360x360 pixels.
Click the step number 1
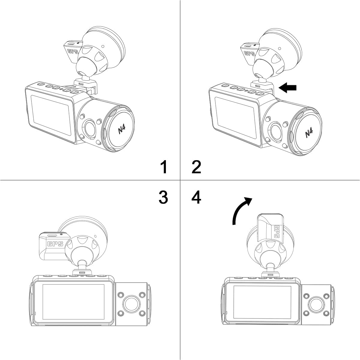(x=163, y=167)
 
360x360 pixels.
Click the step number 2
(x=196, y=167)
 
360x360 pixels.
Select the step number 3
(x=163, y=197)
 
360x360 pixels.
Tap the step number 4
(x=196, y=197)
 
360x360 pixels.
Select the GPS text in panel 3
(x=55, y=244)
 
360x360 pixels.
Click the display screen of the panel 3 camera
(x=73, y=302)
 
